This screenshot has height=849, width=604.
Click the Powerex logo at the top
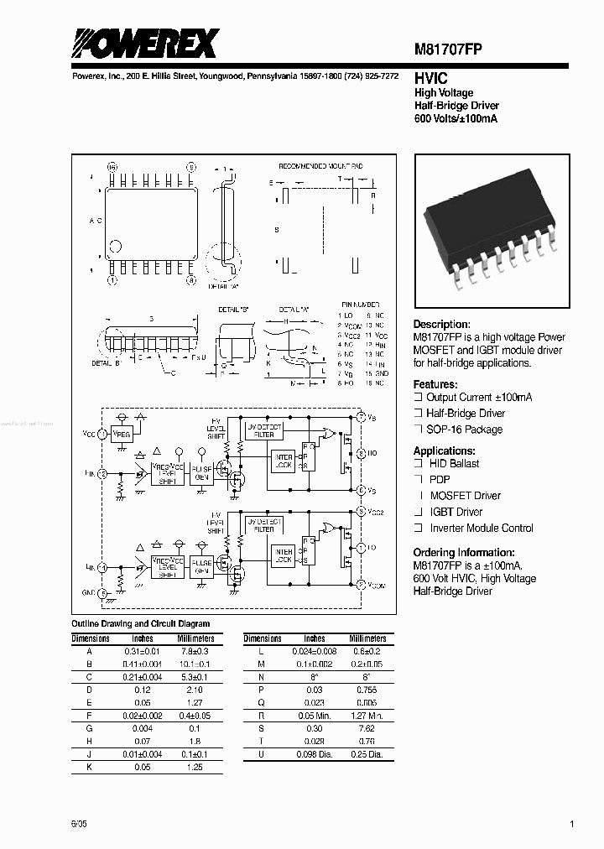(x=144, y=43)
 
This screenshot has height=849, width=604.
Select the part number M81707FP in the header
(x=448, y=49)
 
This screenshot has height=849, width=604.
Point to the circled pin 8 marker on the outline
(x=190, y=280)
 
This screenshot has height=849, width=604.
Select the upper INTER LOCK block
(x=282, y=461)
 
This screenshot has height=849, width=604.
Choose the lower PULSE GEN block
(x=201, y=567)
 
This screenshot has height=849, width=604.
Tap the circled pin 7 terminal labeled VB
(x=361, y=417)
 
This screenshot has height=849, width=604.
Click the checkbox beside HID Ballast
(x=418, y=464)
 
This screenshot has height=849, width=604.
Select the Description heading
(x=441, y=325)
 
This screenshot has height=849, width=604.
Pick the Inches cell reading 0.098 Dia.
(x=315, y=753)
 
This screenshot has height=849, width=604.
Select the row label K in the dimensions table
(x=90, y=768)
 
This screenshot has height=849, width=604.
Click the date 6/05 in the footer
(x=79, y=825)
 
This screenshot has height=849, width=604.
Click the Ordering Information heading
(x=464, y=553)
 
